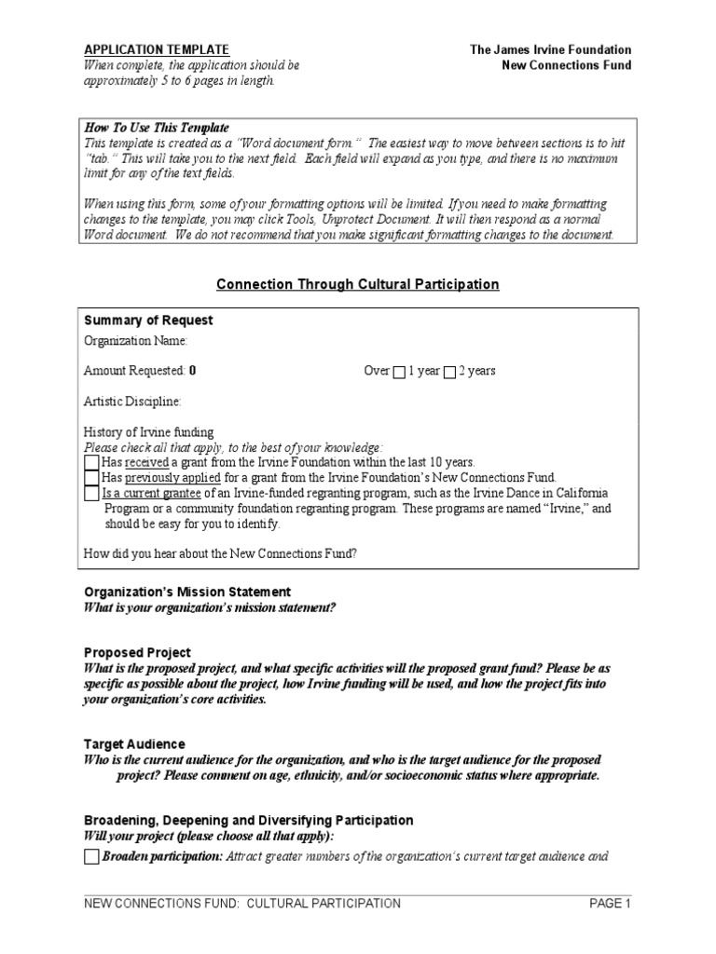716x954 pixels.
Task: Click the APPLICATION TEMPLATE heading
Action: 156,49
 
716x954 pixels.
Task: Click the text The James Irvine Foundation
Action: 550,49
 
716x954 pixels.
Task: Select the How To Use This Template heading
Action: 156,127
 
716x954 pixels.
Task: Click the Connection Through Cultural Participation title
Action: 358,284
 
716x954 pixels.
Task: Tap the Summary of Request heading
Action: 148,320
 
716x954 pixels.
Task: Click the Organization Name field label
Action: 136,342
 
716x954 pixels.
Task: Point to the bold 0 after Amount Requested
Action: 192,371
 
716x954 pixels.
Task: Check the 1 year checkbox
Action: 399,372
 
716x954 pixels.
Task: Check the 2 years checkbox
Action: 449,372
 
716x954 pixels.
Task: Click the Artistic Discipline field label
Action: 133,402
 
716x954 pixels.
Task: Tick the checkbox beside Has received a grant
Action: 91,462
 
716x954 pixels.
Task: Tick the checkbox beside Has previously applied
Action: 91,477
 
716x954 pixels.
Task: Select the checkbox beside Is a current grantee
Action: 91,493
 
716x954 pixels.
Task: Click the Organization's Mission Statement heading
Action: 187,592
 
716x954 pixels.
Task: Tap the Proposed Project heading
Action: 137,653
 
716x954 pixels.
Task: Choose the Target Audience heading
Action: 134,744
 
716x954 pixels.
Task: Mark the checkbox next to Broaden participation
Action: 91,857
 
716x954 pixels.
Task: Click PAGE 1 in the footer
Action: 610,903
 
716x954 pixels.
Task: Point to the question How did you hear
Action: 221,554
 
